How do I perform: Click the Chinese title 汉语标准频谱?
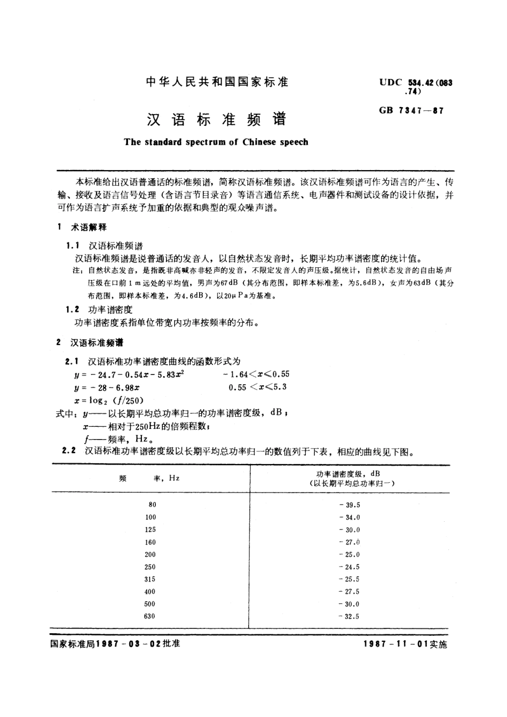(x=216, y=118)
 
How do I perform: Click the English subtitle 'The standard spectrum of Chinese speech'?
(x=216, y=142)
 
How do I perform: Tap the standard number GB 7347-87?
(x=411, y=111)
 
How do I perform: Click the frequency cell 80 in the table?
(x=153, y=505)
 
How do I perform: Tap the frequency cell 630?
(x=150, y=617)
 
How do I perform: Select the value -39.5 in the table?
(x=349, y=505)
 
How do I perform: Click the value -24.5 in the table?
(x=349, y=567)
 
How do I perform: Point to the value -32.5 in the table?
(x=349, y=617)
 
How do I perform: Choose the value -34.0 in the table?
(x=349, y=517)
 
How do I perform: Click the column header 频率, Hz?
(x=150, y=478)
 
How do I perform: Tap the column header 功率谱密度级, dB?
(x=348, y=474)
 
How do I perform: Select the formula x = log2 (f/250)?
(x=109, y=400)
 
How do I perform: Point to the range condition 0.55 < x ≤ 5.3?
(x=257, y=387)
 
